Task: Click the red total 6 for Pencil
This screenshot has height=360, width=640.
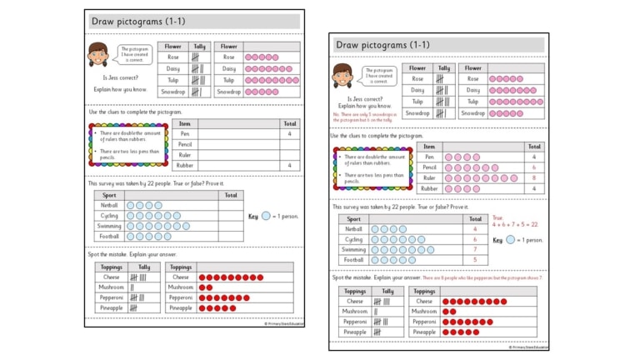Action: (534, 167)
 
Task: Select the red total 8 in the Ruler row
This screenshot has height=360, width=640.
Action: (534, 178)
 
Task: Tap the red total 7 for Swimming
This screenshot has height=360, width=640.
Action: (475, 249)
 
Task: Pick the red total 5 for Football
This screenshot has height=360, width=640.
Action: (475, 260)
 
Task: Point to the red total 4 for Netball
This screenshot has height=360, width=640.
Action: (475, 228)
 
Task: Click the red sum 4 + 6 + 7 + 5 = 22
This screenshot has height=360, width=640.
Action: (515, 224)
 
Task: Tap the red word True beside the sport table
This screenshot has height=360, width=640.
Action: (497, 217)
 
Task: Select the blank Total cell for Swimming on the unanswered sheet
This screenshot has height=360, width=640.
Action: (231, 226)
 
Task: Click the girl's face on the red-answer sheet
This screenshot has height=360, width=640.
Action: (342, 74)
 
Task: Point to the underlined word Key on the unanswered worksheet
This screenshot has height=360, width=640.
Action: (253, 216)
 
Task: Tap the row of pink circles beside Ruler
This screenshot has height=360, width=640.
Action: (481, 178)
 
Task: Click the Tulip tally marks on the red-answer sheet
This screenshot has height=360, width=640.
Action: (442, 102)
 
